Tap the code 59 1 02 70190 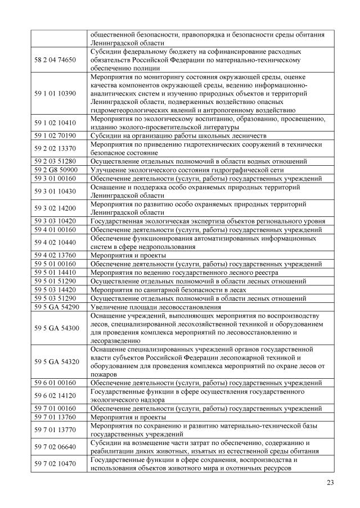pos(55,136)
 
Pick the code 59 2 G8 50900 pos(55,170)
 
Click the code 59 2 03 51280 pos(55,161)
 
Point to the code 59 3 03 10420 pos(55,221)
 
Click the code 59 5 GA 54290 pos(55,307)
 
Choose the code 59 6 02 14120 pos(55,396)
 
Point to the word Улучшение pos(109,170)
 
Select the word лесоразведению pos(118,340)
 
